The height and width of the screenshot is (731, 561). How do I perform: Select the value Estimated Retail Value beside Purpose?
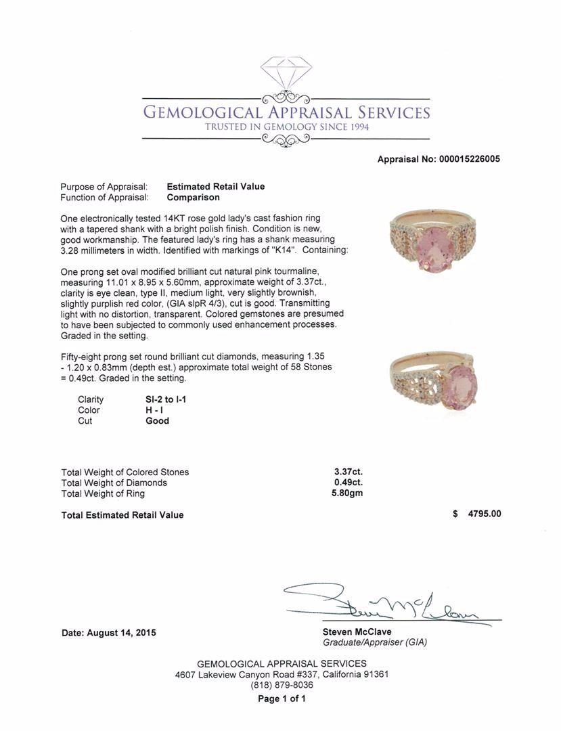[x=215, y=187]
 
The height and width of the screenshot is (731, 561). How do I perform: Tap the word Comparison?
[x=193, y=198]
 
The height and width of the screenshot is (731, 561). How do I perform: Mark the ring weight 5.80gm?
[x=346, y=493]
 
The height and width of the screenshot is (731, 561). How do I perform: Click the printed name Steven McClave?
[x=357, y=632]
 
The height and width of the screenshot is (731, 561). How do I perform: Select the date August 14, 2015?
[x=108, y=633]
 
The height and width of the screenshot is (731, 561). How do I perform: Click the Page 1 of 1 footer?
[x=282, y=699]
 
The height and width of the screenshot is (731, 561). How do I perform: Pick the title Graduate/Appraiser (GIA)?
[x=374, y=642]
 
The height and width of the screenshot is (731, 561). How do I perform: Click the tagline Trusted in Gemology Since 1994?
[x=287, y=127]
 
